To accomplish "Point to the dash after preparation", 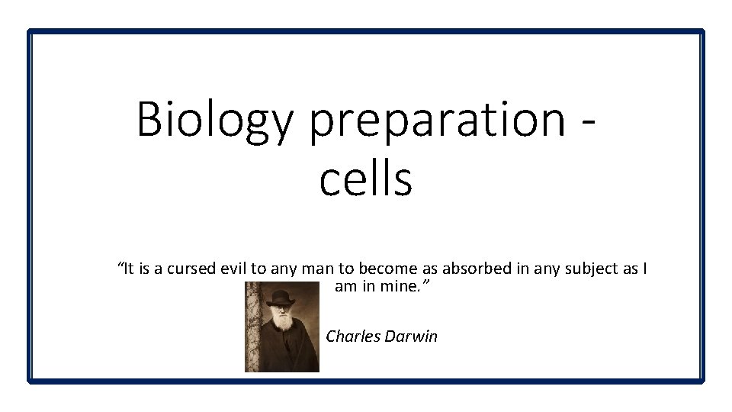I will click(589, 122).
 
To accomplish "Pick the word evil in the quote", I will click(232, 269).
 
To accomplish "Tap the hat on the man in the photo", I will click(281, 294).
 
